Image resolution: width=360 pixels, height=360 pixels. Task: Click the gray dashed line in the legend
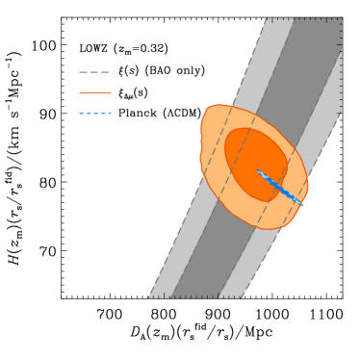tap(94, 72)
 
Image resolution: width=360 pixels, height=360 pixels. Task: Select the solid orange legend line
tap(94, 93)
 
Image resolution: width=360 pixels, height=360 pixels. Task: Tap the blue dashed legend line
tap(94, 114)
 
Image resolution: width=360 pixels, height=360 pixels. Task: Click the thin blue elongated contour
tap(279, 187)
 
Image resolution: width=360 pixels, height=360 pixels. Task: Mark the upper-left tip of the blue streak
tap(257, 171)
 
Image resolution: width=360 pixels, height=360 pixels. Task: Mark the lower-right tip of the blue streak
tap(302, 204)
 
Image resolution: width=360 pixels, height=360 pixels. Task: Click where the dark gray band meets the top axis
tap(318, 17)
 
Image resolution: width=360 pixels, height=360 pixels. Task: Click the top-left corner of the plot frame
tap(62, 17)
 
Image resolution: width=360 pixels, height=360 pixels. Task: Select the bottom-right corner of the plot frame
tap(342, 297)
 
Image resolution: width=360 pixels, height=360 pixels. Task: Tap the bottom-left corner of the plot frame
tap(62, 297)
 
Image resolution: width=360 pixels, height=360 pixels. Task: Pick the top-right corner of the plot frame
tap(342, 17)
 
